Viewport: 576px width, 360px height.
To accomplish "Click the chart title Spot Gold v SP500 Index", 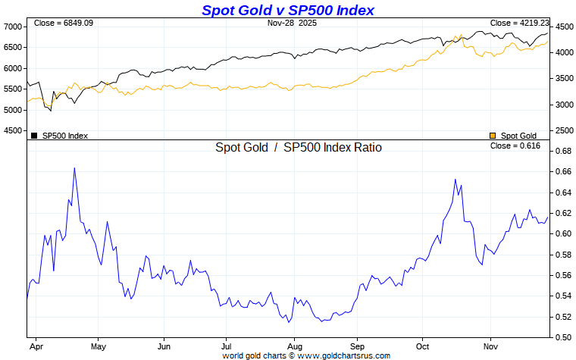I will [x=287, y=10].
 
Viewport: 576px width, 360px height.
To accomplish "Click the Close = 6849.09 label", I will [x=63, y=23].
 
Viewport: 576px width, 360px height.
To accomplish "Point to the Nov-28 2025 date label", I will [x=293, y=23].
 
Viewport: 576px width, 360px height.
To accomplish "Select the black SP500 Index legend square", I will [x=34, y=136].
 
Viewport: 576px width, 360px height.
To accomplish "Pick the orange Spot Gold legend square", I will [x=493, y=136].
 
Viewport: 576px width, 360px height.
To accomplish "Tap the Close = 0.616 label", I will [x=515, y=146].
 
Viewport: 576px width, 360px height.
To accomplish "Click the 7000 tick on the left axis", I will [x=14, y=27].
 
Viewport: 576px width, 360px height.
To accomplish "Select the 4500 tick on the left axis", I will [x=14, y=131].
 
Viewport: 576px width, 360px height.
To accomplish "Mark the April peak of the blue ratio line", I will [x=74, y=168].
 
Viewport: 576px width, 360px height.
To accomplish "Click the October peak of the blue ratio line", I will [x=455, y=180].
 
